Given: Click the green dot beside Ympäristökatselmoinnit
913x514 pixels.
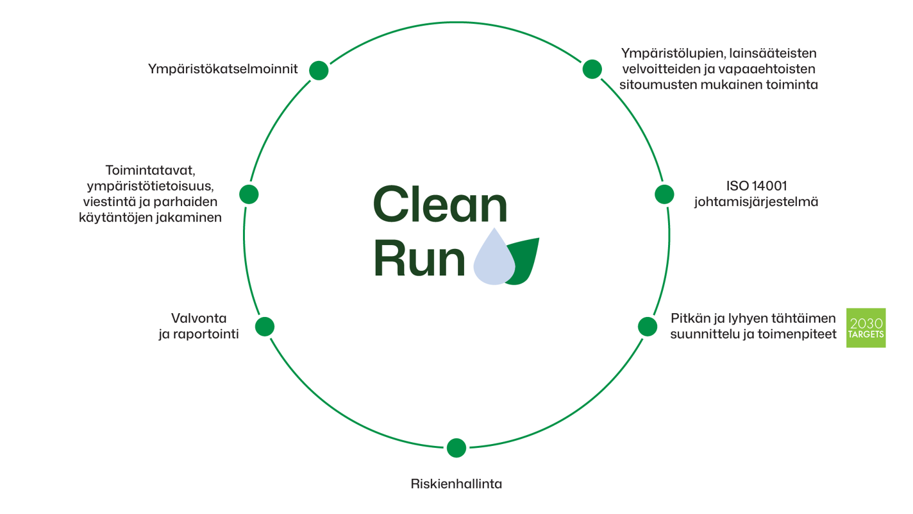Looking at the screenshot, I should click(319, 70).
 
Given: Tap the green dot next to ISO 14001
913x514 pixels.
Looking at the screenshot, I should click(664, 194).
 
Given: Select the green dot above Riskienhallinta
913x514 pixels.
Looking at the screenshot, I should click(456, 447).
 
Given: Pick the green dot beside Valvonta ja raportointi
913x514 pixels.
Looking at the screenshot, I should click(265, 327).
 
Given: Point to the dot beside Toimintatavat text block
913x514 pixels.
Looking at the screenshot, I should click(249, 194).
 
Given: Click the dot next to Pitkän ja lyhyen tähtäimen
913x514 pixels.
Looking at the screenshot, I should click(648, 327).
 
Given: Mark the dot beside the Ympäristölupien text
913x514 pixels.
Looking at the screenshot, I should click(592, 69).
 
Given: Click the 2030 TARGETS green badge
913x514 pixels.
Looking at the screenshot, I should click(866, 328).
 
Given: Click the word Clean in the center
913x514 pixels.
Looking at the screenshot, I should click(440, 205).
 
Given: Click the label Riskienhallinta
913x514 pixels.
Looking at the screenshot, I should click(456, 484).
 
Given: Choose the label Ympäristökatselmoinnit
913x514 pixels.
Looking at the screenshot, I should click(222, 69).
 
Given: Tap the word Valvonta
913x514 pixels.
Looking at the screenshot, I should click(199, 318).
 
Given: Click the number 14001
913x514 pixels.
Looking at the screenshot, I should click(770, 186).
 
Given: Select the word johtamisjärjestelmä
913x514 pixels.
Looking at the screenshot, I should click(756, 201).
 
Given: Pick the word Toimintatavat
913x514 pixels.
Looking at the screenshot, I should click(149, 171).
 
